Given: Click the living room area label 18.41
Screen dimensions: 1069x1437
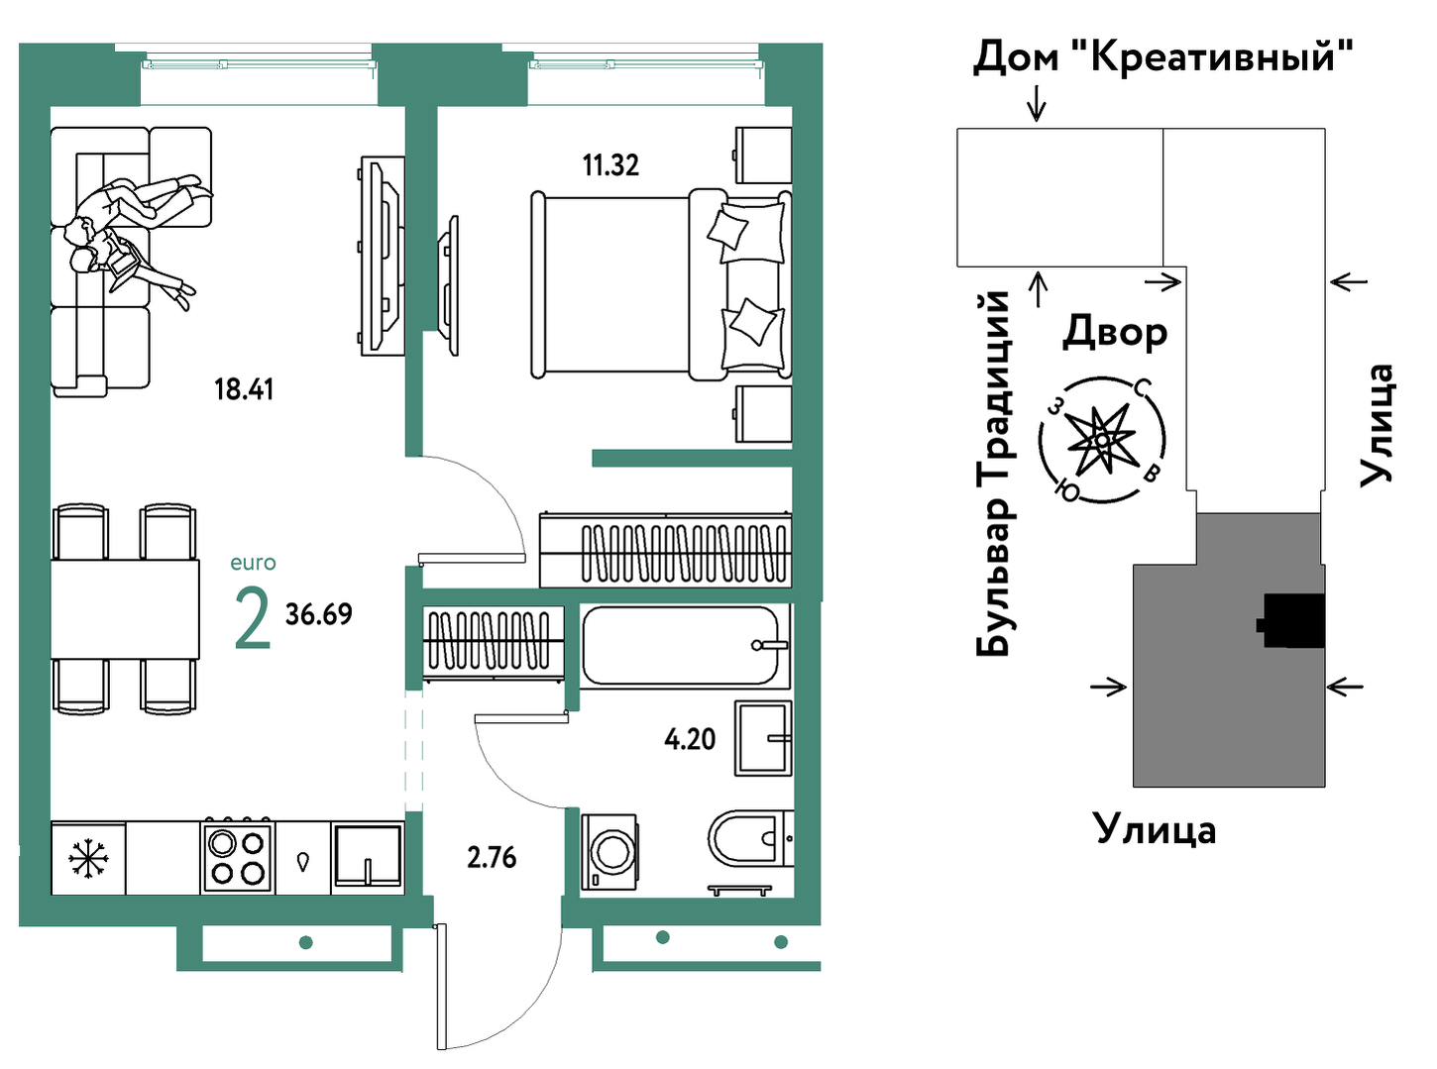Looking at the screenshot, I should pyautogui.click(x=244, y=389).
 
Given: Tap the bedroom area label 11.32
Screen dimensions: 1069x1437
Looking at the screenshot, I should pyautogui.click(x=610, y=165).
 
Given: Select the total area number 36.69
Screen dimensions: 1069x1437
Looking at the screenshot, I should pyautogui.click(x=318, y=614).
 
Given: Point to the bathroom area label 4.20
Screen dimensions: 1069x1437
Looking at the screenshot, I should pyautogui.click(x=690, y=739).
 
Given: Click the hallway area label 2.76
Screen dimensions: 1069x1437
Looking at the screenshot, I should pyautogui.click(x=492, y=857).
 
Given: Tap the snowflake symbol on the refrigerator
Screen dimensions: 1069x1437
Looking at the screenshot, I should pyautogui.click(x=88, y=858).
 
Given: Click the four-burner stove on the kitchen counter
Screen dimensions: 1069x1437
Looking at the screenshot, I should pyautogui.click(x=238, y=857).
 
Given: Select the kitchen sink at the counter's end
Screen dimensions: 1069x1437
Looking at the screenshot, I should pyautogui.click(x=368, y=857).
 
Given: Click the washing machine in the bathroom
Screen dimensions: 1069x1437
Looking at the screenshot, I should pyautogui.click(x=609, y=852).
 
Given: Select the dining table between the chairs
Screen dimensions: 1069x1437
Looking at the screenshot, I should pyautogui.click(x=125, y=609).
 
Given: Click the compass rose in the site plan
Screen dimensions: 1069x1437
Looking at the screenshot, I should pyautogui.click(x=1102, y=439).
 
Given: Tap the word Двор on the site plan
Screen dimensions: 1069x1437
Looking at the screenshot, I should pyautogui.click(x=1115, y=332).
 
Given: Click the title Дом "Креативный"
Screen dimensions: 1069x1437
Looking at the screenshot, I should pyautogui.click(x=1162, y=56).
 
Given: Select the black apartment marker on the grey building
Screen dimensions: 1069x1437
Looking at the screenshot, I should pyautogui.click(x=1293, y=621).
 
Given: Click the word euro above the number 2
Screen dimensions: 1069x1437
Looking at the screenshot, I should pyautogui.click(x=253, y=563).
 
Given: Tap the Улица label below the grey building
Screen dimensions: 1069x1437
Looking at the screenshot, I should pyautogui.click(x=1155, y=828).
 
